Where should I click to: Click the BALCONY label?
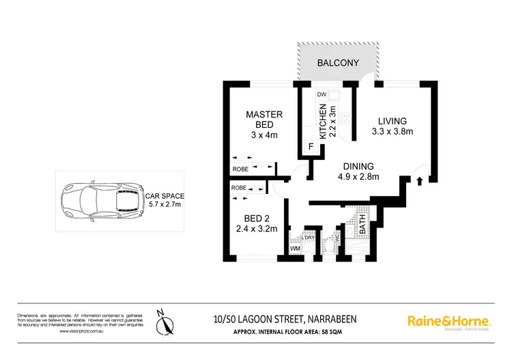click(x=338, y=63)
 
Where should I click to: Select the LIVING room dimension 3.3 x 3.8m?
click(x=393, y=132)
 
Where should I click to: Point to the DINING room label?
click(x=358, y=166)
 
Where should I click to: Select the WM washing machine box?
click(x=295, y=249)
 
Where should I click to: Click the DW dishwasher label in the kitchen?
click(x=322, y=94)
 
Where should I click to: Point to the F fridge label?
click(x=311, y=147)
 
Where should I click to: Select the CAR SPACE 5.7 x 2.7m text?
click(x=165, y=199)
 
